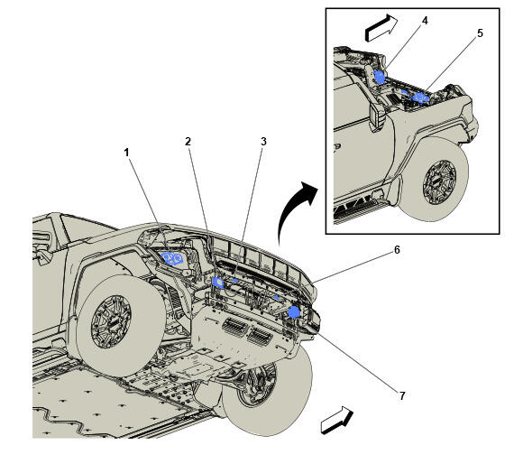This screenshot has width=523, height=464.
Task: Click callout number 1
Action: click(x=126, y=153)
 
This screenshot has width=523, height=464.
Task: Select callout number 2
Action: click(x=188, y=142)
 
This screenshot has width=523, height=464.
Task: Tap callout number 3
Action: click(x=263, y=142)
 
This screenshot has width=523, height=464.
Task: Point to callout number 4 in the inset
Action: click(x=425, y=21)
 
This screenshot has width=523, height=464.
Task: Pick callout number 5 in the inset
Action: click(x=480, y=33)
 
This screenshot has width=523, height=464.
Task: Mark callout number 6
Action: click(x=397, y=250)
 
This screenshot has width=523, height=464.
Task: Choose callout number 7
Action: click(x=402, y=396)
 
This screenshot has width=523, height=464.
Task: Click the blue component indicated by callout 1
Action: click(x=172, y=258)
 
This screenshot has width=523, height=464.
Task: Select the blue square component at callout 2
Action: click(x=218, y=283)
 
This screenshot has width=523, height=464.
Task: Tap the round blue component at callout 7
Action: click(x=294, y=312)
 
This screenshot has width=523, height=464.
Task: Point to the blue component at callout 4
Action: click(x=380, y=77)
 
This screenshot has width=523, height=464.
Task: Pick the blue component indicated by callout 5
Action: click(x=420, y=97)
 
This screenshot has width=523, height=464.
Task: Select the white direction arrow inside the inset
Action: click(x=381, y=28)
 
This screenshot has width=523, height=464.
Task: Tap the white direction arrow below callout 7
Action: click(x=336, y=421)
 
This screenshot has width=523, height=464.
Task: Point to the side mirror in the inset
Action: click(x=378, y=116)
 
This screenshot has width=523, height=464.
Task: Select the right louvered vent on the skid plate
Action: click(x=259, y=336)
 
